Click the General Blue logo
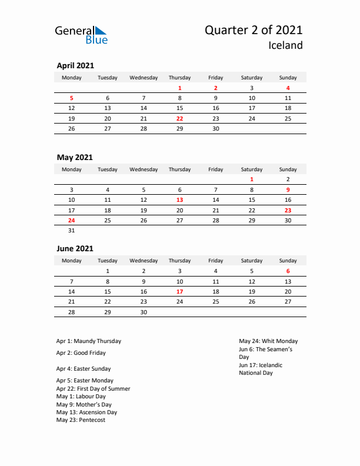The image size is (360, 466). coord(81,35)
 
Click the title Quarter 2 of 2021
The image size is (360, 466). coord(254,31)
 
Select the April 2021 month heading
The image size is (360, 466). coord(75,66)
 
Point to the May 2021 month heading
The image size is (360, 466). coord(74,157)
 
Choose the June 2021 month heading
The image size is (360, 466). coord(75,249)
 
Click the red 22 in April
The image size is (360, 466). coord(179,118)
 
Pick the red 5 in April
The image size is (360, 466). coord(72,98)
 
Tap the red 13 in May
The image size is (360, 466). coord(179,200)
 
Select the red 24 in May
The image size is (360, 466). coord(72,220)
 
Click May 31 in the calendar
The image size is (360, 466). coord(72,231)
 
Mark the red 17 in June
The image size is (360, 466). coord(179,291)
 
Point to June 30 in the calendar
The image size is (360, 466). coord(144,312)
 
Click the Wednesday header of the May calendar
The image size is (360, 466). coord(144,169)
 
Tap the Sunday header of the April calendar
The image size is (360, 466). coord(288,78)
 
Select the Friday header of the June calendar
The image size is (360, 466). coord(215,261)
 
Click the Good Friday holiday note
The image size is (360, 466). coord(81,353)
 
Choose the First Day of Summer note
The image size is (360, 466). coord(93,389)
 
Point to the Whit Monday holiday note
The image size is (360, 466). coord(268,341)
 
